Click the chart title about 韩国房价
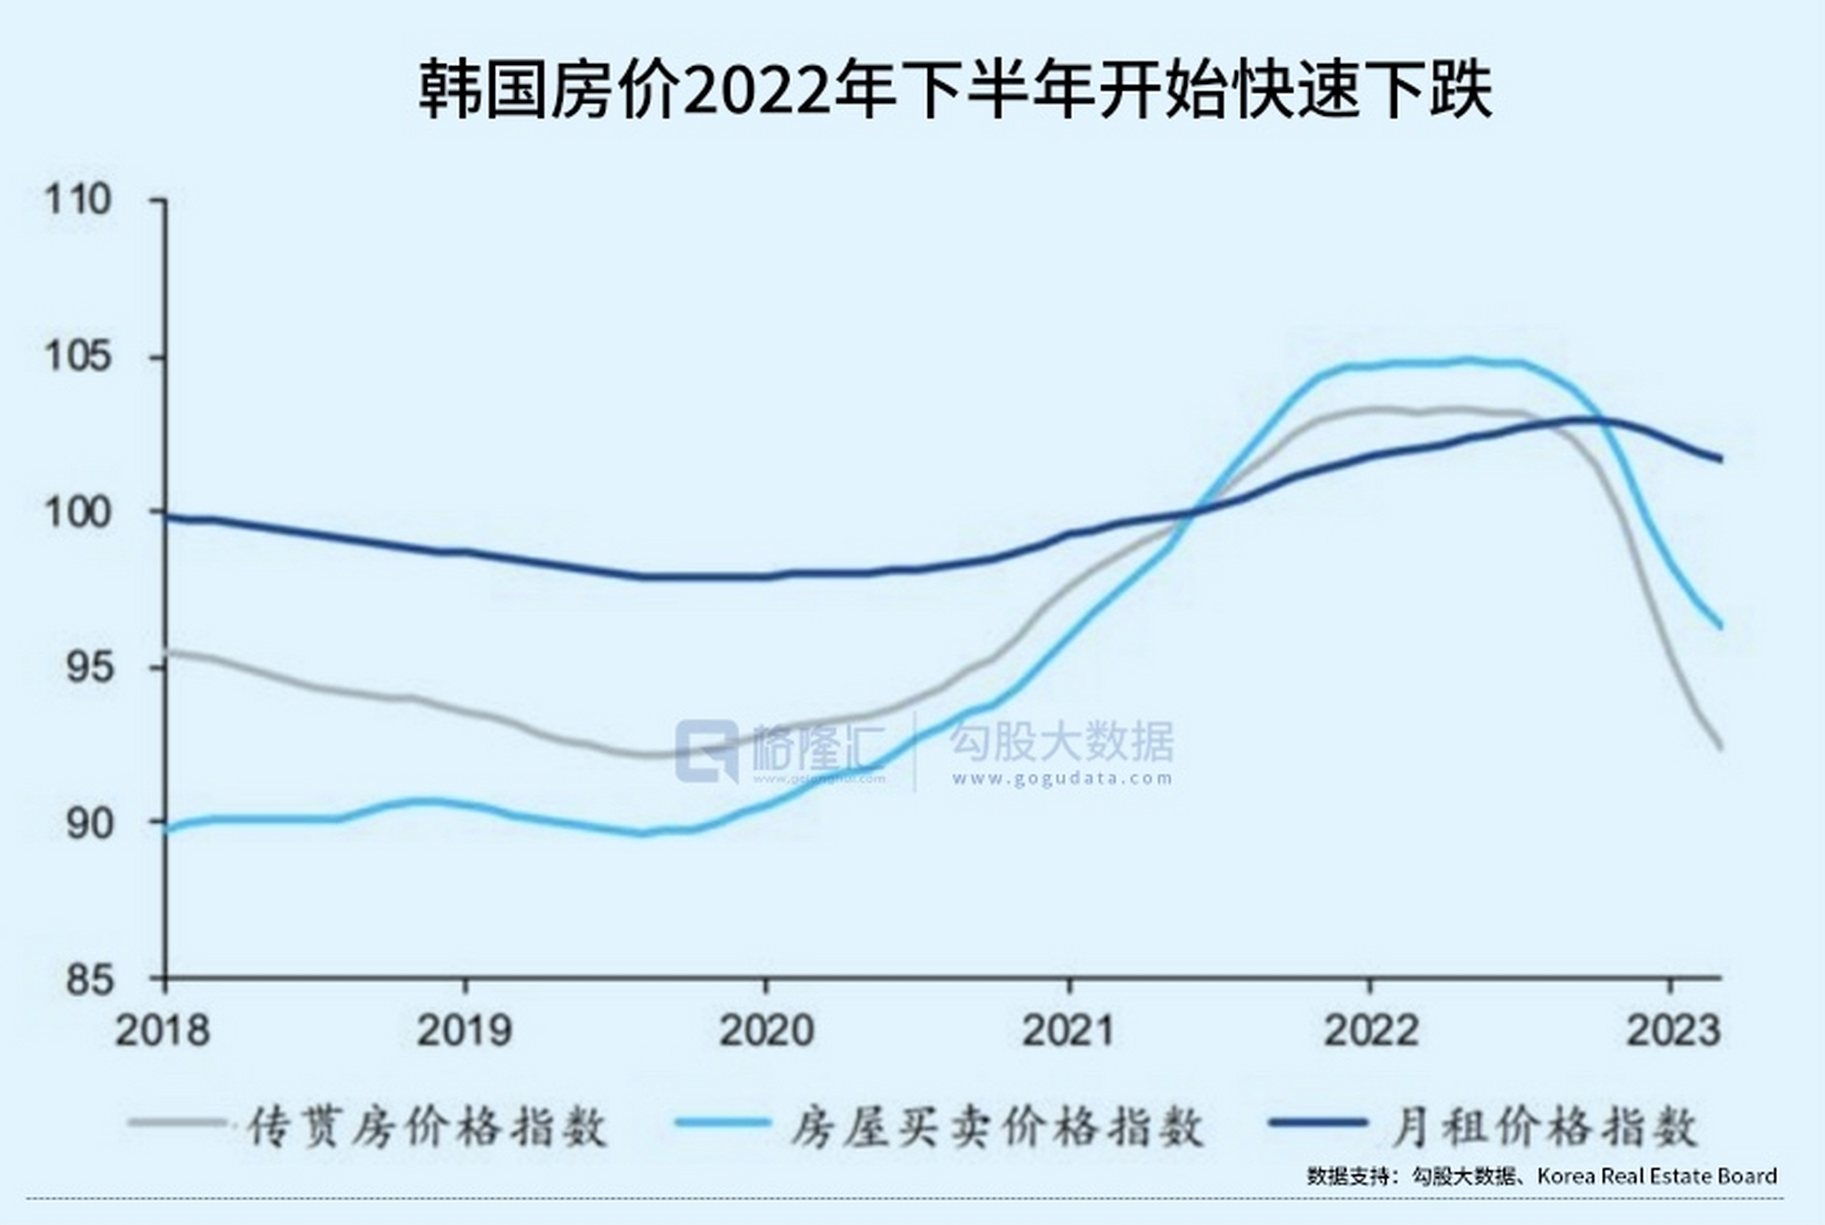tap(955, 92)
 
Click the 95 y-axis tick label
tap(88, 668)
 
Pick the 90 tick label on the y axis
tap(88, 823)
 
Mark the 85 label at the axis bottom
tap(88, 980)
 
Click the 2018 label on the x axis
tap(162, 1031)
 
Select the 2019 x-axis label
tap(464, 1031)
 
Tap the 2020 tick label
tap(766, 1031)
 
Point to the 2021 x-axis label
tap(1069, 1031)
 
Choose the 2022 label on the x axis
tap(1370, 1031)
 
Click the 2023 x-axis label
tap(1674, 1031)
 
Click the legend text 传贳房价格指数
tap(427, 1126)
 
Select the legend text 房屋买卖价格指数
tap(996, 1126)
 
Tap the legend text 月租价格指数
tap(1543, 1126)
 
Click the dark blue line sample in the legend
tap(1317, 1123)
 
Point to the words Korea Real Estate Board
tap(1656, 1175)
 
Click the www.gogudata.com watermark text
tap(1061, 778)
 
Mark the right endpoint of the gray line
tap(1721, 747)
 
